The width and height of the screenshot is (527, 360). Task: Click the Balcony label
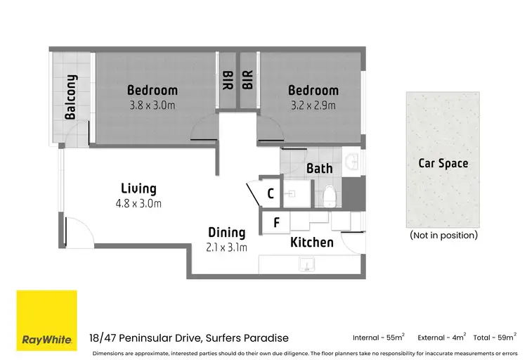tap(70, 98)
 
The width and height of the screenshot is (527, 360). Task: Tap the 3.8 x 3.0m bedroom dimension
tap(152, 106)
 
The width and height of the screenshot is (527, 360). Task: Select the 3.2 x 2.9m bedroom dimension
tap(313, 106)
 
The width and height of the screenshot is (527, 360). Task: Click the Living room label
tap(138, 188)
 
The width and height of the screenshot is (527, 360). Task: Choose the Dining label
tap(226, 233)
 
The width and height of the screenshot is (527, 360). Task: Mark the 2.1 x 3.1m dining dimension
tap(226, 247)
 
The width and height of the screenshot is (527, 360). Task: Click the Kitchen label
tap(312, 243)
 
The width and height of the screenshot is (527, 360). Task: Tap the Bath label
tap(320, 169)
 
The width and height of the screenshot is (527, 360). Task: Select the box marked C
tap(271, 193)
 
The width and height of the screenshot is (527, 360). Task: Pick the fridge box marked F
tap(276, 223)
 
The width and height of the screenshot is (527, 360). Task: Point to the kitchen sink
tap(305, 264)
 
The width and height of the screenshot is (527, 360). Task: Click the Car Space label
tap(443, 163)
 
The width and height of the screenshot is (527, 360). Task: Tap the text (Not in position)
tap(443, 235)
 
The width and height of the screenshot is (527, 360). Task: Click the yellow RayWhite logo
tap(46, 320)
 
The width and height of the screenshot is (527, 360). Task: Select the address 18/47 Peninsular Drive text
tap(189, 338)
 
